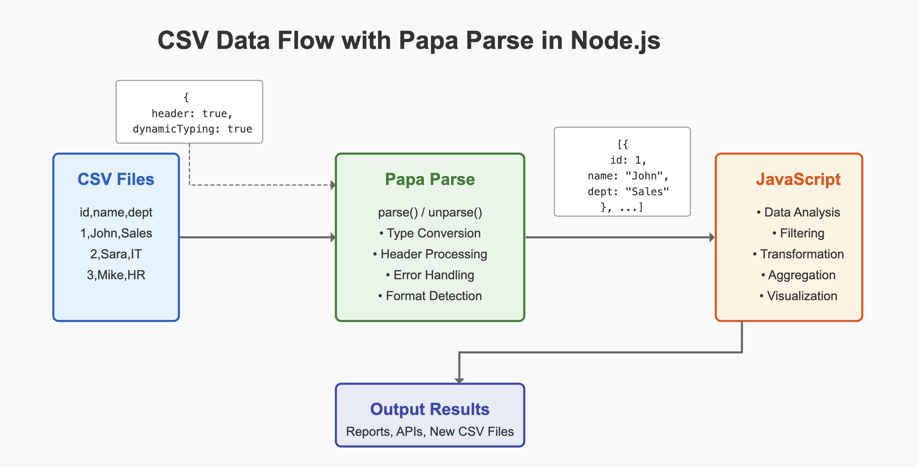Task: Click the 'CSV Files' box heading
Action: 116,179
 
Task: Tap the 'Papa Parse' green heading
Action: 430,179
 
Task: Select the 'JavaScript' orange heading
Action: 798,179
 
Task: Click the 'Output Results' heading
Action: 430,409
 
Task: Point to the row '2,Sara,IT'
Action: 116,254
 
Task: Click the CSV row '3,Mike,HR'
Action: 116,275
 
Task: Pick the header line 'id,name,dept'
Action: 116,213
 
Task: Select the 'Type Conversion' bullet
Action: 430,233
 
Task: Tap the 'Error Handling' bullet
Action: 430,275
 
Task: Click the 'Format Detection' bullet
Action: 430,296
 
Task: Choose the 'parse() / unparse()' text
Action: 430,213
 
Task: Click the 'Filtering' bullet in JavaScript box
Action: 798,233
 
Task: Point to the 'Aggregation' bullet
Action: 798,275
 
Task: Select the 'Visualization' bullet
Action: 798,296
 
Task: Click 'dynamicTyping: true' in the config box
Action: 193,129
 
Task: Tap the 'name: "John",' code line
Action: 628,176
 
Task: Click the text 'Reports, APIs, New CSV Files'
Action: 430,432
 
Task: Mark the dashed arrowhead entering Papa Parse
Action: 333,185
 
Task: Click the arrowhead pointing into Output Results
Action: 459,381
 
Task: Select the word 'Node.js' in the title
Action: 615,41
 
